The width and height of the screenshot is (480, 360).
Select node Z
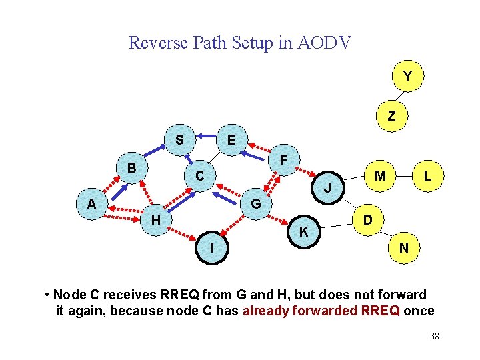click(391, 115)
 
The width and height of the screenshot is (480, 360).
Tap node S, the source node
click(179, 140)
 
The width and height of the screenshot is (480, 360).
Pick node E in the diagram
click(231, 140)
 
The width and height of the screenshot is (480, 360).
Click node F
click(283, 160)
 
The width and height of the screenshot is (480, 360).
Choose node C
click(199, 176)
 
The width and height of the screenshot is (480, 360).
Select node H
click(155, 219)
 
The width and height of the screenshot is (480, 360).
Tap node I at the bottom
click(211, 247)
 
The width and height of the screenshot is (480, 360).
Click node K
click(303, 232)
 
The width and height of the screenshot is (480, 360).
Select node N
click(403, 247)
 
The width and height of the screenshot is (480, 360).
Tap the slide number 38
click(434, 336)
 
